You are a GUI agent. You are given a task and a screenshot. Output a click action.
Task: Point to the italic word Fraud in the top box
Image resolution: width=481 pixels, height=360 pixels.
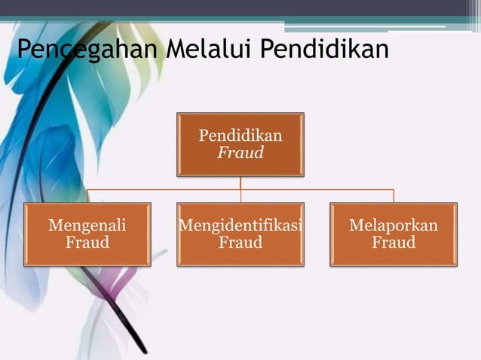[x=240, y=153]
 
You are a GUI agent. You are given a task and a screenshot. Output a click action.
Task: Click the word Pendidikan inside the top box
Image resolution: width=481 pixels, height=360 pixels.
[x=240, y=136]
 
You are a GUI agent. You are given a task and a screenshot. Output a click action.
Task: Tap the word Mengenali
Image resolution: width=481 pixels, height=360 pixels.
[x=87, y=225]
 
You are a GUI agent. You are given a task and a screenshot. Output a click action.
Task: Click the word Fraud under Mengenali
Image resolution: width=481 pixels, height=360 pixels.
[x=87, y=243]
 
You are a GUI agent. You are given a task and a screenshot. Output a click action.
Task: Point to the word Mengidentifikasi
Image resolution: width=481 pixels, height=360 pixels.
[x=240, y=225]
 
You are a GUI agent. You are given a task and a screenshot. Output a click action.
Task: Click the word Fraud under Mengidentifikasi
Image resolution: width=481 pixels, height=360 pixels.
[x=240, y=243]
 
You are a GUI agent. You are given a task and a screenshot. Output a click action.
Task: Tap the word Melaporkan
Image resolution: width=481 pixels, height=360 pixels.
[x=394, y=225]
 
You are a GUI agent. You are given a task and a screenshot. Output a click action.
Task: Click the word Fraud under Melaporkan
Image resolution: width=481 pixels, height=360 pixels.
[x=394, y=243]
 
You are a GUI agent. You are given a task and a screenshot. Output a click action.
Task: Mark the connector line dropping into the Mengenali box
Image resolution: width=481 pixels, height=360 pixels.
[x=87, y=196]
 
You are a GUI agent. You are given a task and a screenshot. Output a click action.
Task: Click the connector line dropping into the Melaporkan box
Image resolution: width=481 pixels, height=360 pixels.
[x=394, y=196]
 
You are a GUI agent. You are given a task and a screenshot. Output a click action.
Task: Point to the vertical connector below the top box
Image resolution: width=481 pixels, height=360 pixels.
[x=240, y=182]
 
